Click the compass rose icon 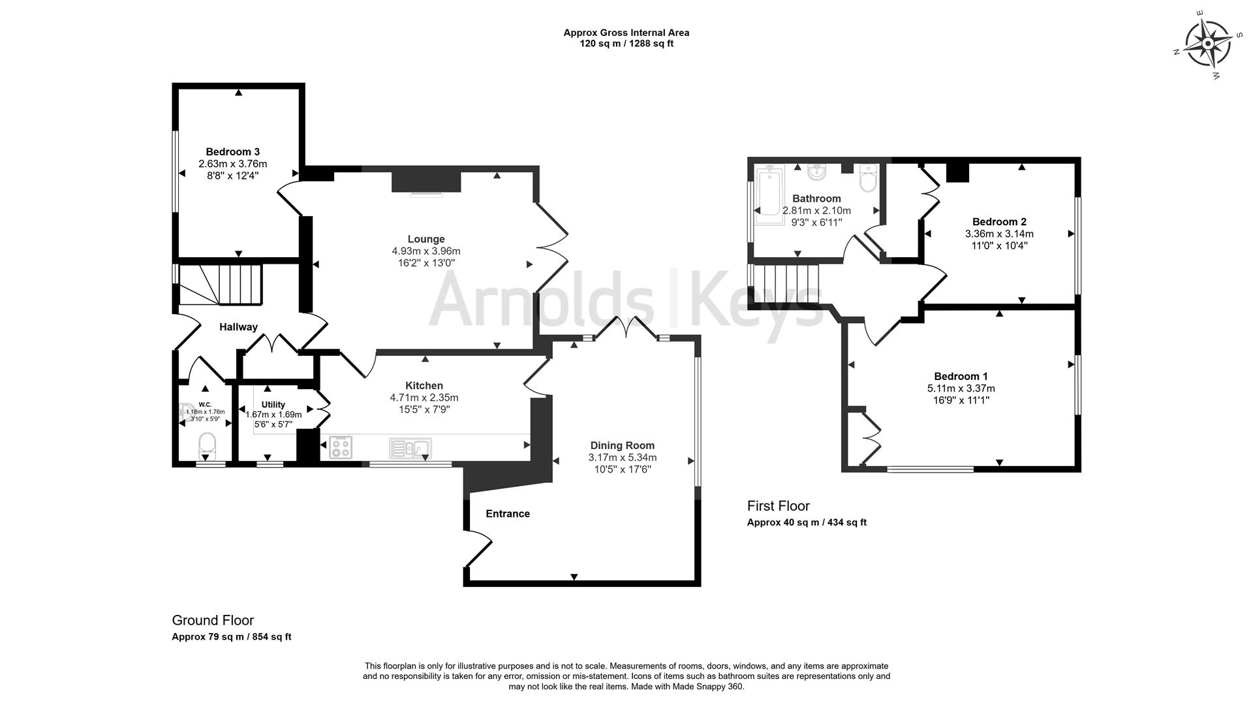tap(1207, 44)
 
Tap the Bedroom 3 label tap(233, 151)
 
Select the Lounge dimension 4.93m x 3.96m tap(426, 251)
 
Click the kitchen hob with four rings tap(341, 447)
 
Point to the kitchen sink tap(410, 448)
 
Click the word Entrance tap(508, 514)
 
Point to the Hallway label tap(238, 327)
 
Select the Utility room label tap(273, 405)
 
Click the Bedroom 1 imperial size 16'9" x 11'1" tap(961, 400)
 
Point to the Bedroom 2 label tap(999, 221)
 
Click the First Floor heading tap(778, 506)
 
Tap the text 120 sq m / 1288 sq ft tap(626, 44)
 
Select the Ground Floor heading tap(213, 620)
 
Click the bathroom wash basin tap(816, 173)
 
